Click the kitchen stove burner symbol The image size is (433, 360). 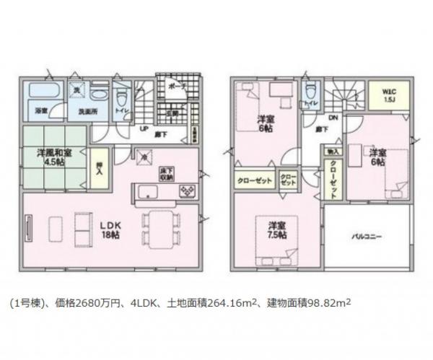point(186,191)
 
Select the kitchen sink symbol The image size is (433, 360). point(144,191)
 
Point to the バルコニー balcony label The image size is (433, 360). point(367,236)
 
